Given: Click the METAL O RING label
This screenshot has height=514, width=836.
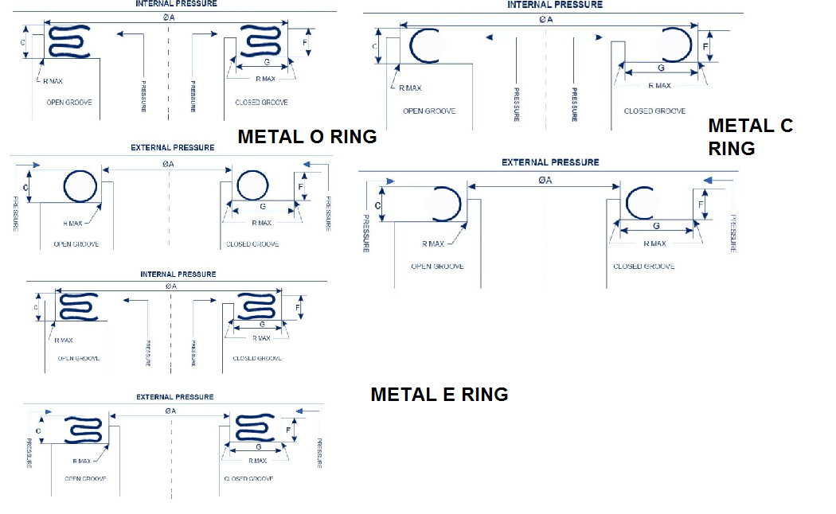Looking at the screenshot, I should click(307, 137).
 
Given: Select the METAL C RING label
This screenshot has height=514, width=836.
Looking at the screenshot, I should click(750, 136).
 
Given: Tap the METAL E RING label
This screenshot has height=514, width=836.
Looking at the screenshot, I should click(439, 395).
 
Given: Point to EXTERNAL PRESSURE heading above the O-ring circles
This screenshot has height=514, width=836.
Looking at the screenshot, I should click(172, 148).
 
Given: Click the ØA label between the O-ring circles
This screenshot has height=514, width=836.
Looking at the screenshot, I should click(168, 163).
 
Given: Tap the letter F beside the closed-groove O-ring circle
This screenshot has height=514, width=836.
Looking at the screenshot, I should click(301, 186).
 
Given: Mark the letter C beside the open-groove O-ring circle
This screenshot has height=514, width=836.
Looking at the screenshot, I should click(25, 188).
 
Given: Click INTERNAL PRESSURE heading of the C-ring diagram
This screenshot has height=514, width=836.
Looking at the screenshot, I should click(555, 5).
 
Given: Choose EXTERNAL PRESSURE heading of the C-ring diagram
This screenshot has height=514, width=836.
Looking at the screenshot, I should click(549, 162).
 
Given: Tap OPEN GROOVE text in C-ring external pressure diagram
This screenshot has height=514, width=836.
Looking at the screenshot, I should click(437, 267).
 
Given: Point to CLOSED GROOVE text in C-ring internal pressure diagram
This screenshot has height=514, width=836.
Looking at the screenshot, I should click(654, 111).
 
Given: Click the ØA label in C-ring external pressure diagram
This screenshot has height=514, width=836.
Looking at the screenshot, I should click(545, 181).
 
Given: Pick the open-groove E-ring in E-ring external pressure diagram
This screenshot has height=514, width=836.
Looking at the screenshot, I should click(83, 430).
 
